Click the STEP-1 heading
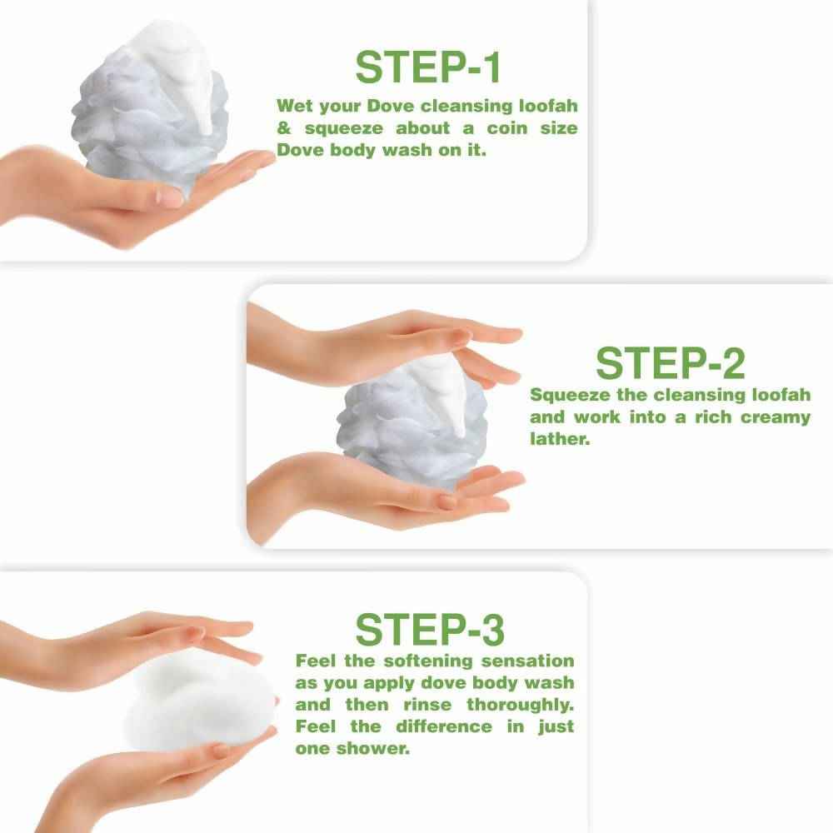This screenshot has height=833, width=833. tap(428, 67)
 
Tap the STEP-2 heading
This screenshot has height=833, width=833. tap(670, 362)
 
